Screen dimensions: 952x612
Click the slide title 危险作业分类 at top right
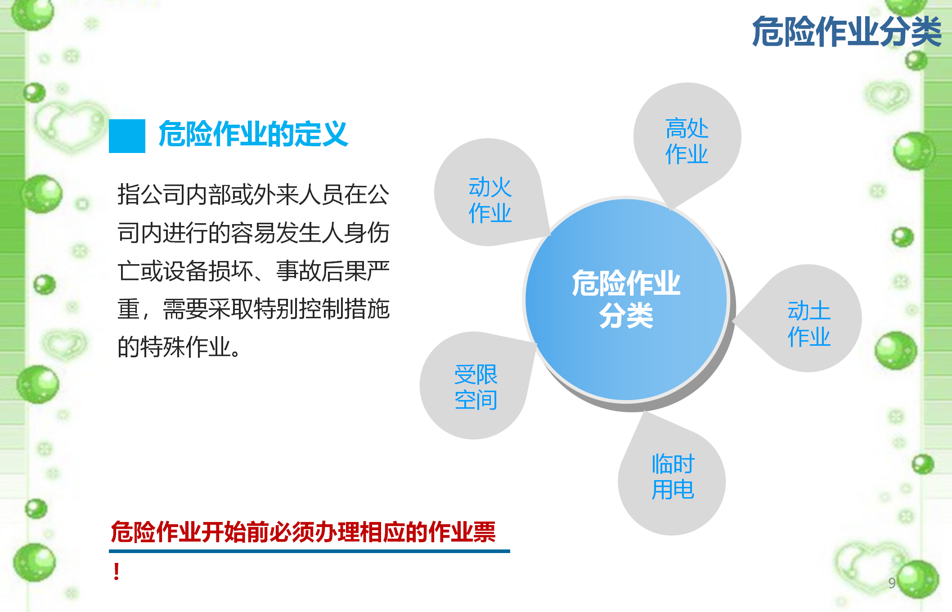(x=847, y=31)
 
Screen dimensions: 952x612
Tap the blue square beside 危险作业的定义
(x=127, y=136)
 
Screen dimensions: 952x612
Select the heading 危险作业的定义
(x=253, y=134)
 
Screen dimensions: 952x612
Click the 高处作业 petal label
(x=687, y=141)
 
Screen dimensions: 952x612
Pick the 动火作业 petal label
(x=490, y=200)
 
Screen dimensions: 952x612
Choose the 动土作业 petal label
(x=809, y=324)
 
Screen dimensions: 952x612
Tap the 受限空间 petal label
(x=476, y=387)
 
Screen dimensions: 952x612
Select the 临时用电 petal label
(x=673, y=477)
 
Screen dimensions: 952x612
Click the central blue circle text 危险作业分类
(x=626, y=299)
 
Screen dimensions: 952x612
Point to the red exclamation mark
(x=117, y=571)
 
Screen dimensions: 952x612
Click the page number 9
(x=892, y=583)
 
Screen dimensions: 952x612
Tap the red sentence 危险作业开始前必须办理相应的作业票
(x=303, y=532)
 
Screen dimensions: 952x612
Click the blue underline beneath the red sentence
(x=310, y=551)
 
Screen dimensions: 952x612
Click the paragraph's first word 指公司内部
(x=174, y=194)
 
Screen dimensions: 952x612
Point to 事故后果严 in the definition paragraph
(x=332, y=271)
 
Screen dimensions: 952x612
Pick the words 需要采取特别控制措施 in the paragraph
(x=276, y=309)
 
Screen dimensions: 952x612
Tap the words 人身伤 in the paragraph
(x=355, y=233)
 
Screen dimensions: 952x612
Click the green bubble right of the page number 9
(x=918, y=579)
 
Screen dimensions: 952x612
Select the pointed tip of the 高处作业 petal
(x=670, y=210)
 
